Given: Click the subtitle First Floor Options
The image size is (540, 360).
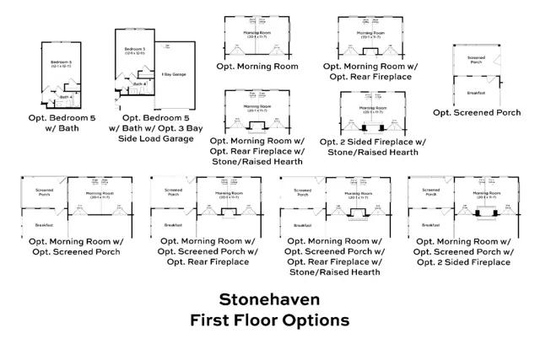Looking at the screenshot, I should pyautogui.click(x=269, y=320).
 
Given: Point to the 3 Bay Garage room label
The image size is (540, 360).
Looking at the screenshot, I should pyautogui.click(x=174, y=74).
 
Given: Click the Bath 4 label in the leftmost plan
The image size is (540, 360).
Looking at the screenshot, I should pyautogui.click(x=67, y=98).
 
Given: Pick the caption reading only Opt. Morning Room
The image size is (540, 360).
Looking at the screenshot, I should pyautogui.click(x=257, y=66).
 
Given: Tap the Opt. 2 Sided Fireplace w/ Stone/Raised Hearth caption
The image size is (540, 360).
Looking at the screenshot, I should pyautogui.click(x=372, y=147).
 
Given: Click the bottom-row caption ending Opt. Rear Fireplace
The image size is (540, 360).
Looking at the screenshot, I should pyautogui.click(x=206, y=252).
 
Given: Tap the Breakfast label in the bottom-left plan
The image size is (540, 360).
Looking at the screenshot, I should pyautogui.click(x=44, y=225).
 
